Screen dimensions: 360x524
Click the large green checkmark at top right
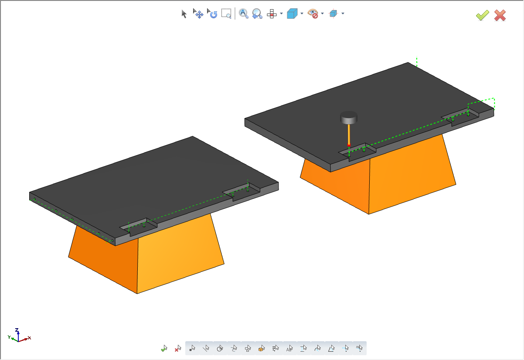pyautogui.click(x=482, y=16)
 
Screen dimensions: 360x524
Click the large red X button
pyautogui.click(x=500, y=16)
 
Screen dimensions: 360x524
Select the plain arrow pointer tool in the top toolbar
pyautogui.click(x=184, y=14)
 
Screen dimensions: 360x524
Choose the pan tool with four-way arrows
pyautogui.click(x=198, y=14)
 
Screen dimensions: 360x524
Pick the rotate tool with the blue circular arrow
pyautogui.click(x=212, y=14)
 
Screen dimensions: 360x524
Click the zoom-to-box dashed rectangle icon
pyautogui.click(x=226, y=14)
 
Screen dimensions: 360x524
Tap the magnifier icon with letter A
pyautogui.click(x=243, y=14)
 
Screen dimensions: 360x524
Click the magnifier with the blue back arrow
pyautogui.click(x=257, y=14)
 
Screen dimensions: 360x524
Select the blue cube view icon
pyautogui.click(x=292, y=14)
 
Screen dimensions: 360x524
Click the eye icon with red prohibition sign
pyautogui.click(x=313, y=14)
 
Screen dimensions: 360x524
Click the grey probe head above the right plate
pyautogui.click(x=349, y=117)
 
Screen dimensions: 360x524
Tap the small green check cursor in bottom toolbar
pyautogui.click(x=164, y=349)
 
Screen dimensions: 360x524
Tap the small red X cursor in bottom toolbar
pyautogui.click(x=178, y=349)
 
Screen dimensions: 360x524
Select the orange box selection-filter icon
pyautogui.click(x=262, y=349)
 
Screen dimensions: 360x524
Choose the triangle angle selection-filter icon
pyautogui.click(x=331, y=349)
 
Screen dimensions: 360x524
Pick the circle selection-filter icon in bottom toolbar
pyautogui.click(x=220, y=349)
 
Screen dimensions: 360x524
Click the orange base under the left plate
pyautogui.click(x=174, y=257)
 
